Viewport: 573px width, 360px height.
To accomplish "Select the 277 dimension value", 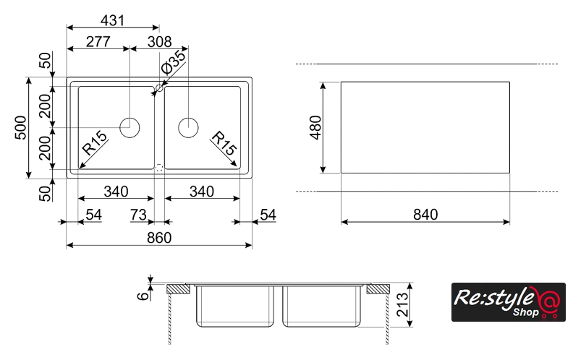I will (97, 42).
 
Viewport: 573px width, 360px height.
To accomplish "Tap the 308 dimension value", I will (161, 42).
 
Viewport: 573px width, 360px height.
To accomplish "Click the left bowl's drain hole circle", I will (130, 127).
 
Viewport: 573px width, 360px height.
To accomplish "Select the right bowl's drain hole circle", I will (188, 127).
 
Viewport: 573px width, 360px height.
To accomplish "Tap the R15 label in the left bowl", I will (95, 144).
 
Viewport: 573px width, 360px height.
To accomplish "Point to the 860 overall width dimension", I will (158, 239).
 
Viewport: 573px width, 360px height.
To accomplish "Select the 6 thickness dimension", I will (144, 294).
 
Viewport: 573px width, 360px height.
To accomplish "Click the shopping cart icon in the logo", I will (549, 312).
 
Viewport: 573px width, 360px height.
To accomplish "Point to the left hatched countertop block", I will (178, 289).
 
